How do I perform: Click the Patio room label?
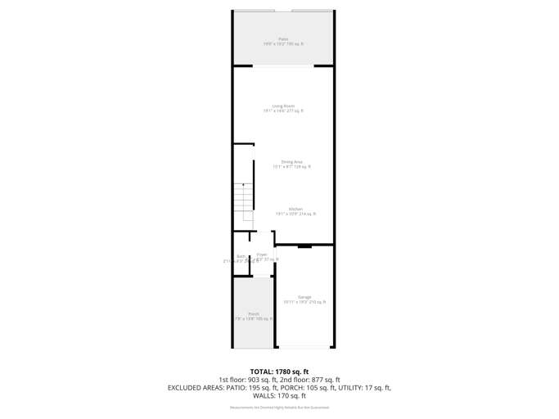[283, 39]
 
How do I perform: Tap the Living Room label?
[283, 106]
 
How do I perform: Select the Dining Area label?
[291, 162]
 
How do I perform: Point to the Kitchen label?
[295, 209]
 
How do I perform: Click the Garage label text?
[304, 297]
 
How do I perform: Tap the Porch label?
[254, 314]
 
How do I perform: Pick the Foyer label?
[262, 255]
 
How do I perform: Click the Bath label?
[241, 256]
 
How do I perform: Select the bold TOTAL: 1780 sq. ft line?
[279, 372]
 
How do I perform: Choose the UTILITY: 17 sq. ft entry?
[363, 388]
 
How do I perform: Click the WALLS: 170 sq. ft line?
[279, 396]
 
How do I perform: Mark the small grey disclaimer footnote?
[279, 408]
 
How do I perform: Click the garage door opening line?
[304, 346]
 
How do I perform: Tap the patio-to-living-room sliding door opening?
[283, 66]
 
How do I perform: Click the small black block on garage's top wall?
[304, 246]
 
